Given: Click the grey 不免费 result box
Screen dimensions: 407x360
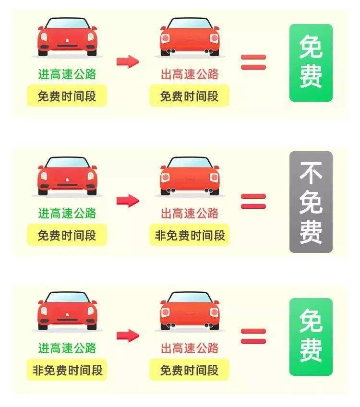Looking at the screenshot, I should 311,202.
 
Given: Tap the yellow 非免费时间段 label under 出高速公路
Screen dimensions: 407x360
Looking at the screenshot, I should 190,236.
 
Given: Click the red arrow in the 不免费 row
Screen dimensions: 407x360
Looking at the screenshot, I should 128,200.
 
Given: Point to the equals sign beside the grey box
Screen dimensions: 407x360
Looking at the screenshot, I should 253,201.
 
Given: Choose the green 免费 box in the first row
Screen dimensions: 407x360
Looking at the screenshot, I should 311,63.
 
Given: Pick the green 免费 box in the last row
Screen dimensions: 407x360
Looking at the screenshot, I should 311,336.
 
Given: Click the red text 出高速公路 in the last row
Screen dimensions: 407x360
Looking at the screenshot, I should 190,348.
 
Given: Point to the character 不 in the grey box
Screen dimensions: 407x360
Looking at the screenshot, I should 311,174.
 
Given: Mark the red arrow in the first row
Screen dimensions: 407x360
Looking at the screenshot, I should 128,61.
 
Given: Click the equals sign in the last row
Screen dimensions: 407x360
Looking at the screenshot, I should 253,336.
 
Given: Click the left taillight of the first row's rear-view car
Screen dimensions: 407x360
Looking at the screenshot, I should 166,38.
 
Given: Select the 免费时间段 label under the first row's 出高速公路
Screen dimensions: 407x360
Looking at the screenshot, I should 190,96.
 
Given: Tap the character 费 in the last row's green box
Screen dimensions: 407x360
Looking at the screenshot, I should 311,350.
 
